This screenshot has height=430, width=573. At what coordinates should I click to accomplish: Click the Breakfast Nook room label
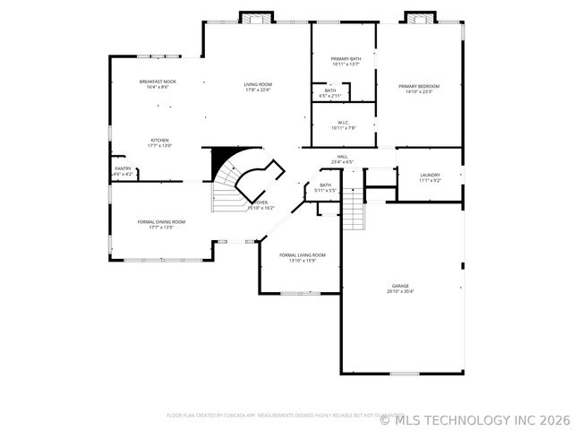(x=157, y=82)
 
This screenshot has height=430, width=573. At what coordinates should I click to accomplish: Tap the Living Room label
(x=257, y=84)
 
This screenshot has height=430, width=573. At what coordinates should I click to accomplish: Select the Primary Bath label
(x=346, y=58)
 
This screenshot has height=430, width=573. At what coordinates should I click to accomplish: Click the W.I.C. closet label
(x=343, y=123)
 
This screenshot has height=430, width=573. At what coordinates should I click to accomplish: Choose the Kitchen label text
(x=159, y=140)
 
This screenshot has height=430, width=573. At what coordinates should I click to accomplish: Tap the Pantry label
(x=124, y=168)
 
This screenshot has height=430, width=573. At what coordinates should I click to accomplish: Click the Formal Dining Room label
(x=161, y=221)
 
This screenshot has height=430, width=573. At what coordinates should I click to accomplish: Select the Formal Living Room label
(x=302, y=255)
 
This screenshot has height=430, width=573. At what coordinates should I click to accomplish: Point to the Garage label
(x=399, y=286)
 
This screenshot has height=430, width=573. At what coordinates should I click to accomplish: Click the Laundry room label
(x=430, y=176)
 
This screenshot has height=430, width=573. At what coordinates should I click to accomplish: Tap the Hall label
(x=342, y=157)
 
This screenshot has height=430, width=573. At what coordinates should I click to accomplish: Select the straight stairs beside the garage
(x=355, y=211)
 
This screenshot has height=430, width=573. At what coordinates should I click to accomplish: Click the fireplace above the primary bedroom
(x=420, y=17)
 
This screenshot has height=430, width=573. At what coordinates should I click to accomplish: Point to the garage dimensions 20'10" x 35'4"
(x=399, y=291)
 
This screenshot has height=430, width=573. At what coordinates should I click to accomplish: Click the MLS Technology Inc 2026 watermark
(x=475, y=419)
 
